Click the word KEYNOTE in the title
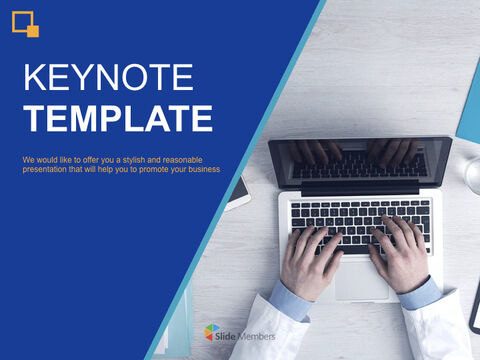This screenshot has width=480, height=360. click(96, 79)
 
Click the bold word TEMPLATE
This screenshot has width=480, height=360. click(118, 118)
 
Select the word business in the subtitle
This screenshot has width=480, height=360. click(200, 169)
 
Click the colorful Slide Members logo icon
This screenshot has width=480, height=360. click(211, 332)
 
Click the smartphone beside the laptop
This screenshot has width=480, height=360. click(238, 192)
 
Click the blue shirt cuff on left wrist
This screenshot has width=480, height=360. click(290, 299)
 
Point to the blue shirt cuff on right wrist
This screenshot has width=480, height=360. click(419, 292)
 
